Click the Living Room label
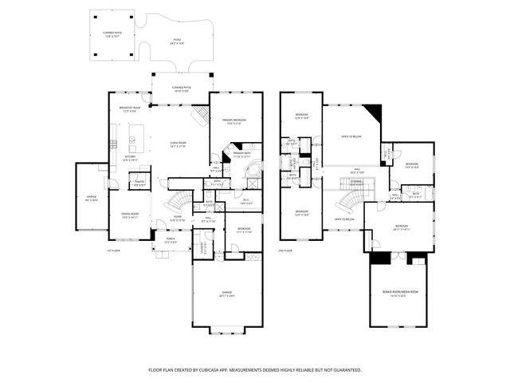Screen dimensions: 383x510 pos(177,144)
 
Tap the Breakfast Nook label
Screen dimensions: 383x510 pos(131,109)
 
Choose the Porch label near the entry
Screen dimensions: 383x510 pos(171,239)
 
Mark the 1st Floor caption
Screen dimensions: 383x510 pos(113,251)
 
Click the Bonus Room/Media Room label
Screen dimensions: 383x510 pos(400,293)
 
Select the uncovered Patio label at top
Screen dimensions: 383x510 pos(177,41)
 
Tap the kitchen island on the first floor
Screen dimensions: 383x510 pos(131,144)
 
